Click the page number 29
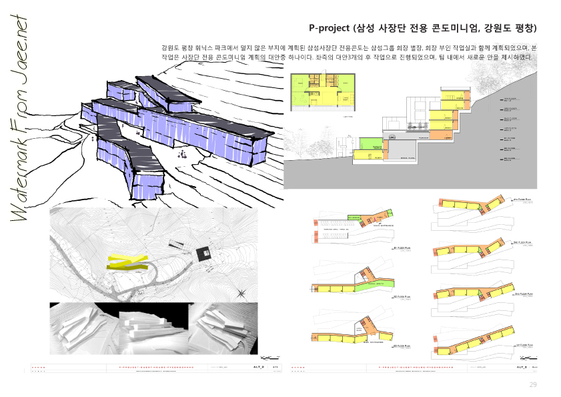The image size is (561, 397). click(532, 384)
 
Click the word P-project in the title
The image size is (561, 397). click(330, 29)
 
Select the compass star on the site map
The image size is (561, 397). click(242, 292)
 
